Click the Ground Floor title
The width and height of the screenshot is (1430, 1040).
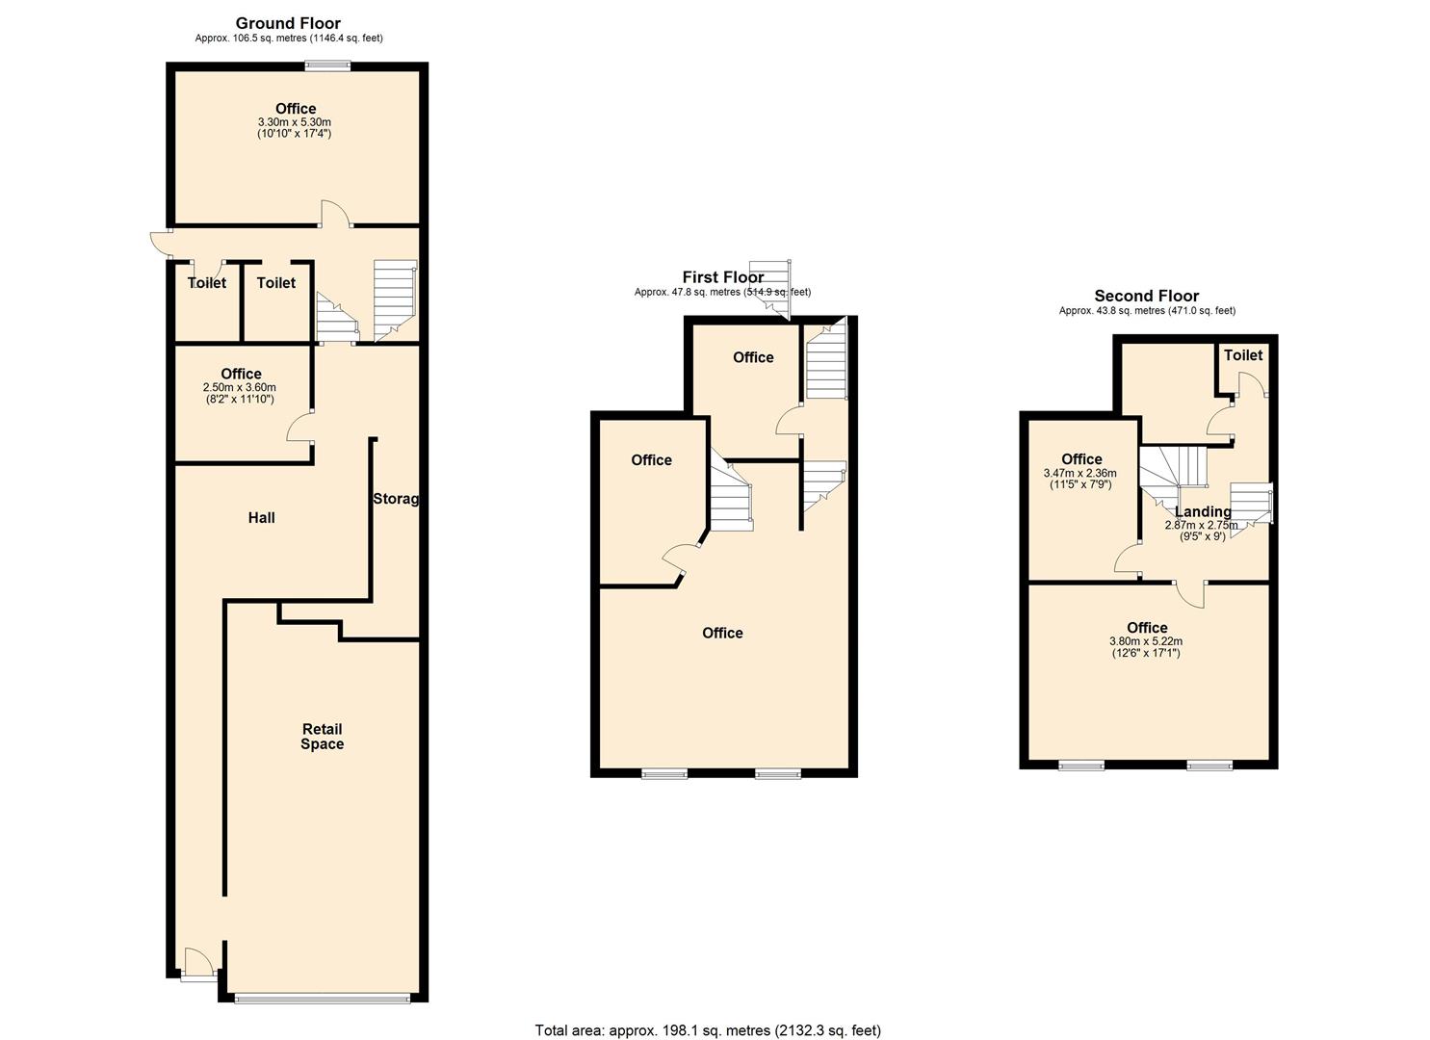(x=288, y=24)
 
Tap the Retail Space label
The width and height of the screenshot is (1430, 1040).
(x=323, y=736)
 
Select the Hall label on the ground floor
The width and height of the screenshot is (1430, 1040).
(x=262, y=518)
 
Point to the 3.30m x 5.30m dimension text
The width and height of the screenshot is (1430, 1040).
(x=295, y=122)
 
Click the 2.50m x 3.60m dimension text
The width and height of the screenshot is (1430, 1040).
(x=240, y=387)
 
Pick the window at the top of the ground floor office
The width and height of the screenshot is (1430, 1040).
(x=327, y=65)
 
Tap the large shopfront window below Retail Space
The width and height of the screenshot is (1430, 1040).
(x=323, y=999)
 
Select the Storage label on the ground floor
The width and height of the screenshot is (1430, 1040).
(x=396, y=499)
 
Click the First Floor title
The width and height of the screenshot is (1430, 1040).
(x=722, y=277)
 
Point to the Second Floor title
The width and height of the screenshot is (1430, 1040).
(x=1147, y=296)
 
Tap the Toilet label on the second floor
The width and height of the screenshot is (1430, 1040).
(x=1243, y=355)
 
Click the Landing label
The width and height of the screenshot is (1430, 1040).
(x=1203, y=511)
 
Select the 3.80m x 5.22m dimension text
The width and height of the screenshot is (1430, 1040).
(x=1146, y=641)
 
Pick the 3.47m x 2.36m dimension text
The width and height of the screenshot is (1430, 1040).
(x=1080, y=473)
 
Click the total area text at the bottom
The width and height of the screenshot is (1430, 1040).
(x=708, y=1029)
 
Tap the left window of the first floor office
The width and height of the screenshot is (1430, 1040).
(x=664, y=774)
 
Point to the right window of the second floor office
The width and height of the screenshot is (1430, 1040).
(x=1209, y=765)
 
